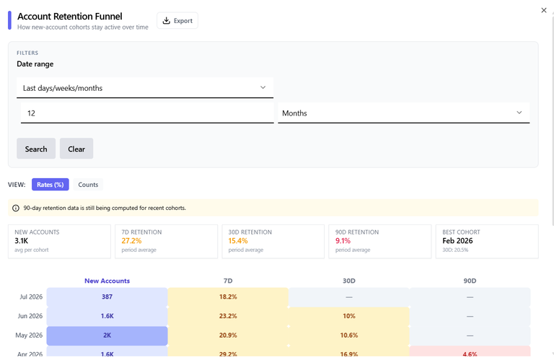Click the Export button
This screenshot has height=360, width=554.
pos(177,20)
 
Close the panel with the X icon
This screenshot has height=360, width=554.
pos(544,10)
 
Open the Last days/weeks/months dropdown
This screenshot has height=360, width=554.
pos(145,87)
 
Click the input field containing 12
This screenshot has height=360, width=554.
pos(147,113)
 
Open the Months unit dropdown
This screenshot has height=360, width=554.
pos(403,113)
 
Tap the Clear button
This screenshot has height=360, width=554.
pos(76,149)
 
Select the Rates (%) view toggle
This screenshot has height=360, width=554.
pos(50,185)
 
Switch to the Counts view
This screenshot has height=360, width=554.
pos(88,185)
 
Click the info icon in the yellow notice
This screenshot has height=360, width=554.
pos(16,208)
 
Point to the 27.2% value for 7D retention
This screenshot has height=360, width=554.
pos(131,240)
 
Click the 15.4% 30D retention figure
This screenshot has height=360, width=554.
pos(238,240)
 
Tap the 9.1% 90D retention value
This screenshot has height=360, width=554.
pos(343,240)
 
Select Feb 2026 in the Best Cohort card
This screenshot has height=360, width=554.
pos(457,240)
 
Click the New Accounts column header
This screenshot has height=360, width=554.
pos(107,281)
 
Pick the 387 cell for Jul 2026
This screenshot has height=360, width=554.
pos(107,297)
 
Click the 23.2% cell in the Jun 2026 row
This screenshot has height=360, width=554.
pos(228,316)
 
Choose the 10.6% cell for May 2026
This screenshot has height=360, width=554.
pos(348,335)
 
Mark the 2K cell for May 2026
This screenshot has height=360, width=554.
pos(107,335)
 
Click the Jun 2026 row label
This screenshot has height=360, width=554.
pos(30,316)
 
